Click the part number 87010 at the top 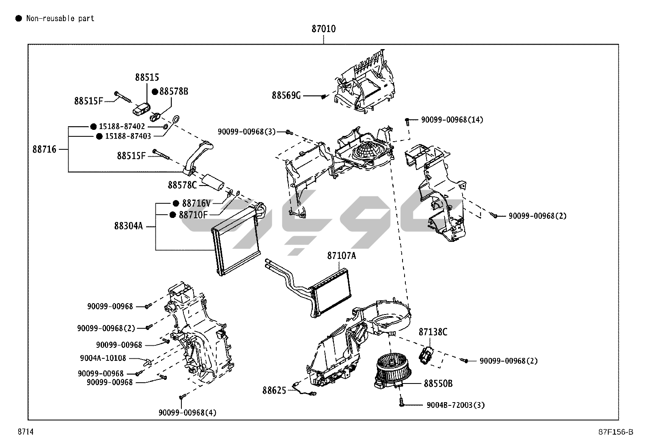(x=323, y=29)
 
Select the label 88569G (x=286, y=95)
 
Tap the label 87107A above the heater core (x=341, y=256)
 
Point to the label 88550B (x=438, y=384)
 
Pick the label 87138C (x=433, y=332)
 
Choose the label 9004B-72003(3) (x=456, y=405)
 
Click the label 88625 (x=274, y=390)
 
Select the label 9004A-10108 (x=103, y=358)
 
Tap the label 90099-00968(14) (x=452, y=120)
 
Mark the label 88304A (x=128, y=226)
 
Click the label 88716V (x=196, y=203)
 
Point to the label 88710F (x=193, y=215)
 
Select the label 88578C (x=182, y=185)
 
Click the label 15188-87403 (x=128, y=136)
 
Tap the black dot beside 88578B (x=155, y=92)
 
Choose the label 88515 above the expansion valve (x=147, y=77)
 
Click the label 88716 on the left (x=45, y=149)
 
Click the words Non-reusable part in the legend (x=60, y=18)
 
